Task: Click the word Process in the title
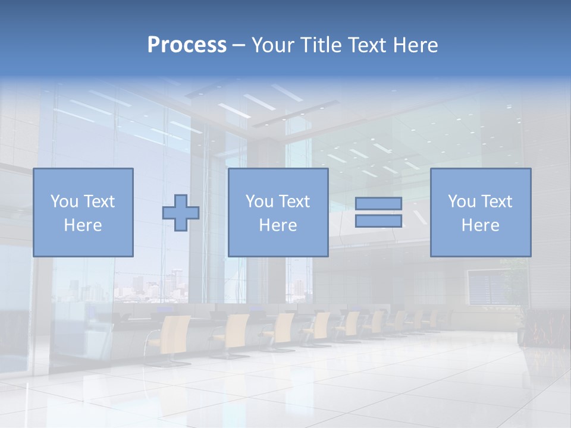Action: pos(187,45)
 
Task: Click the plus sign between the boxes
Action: pos(181,213)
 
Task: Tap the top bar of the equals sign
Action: pos(378,203)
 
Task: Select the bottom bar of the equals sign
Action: pos(378,221)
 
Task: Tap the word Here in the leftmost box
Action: pos(83,225)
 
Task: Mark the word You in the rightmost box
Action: pos(462,202)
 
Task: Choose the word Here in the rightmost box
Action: pos(480,225)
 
